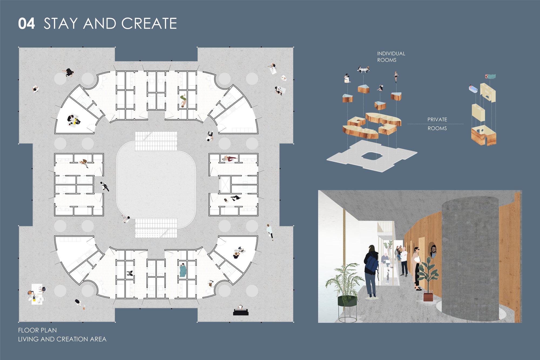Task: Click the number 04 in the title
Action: pos(26,23)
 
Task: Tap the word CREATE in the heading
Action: pos(149,23)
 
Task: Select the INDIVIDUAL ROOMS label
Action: pos(391,57)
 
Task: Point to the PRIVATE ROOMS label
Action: pos(437,124)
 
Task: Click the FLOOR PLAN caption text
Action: pos(38,330)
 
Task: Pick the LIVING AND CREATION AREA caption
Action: pos(62,339)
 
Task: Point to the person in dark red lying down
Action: pos(230,159)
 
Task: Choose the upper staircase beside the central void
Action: pos(156,141)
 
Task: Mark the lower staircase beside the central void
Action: pos(156,228)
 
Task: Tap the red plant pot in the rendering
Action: pos(428,296)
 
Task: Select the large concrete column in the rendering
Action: pos(470,259)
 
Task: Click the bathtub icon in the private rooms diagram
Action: pos(473,89)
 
